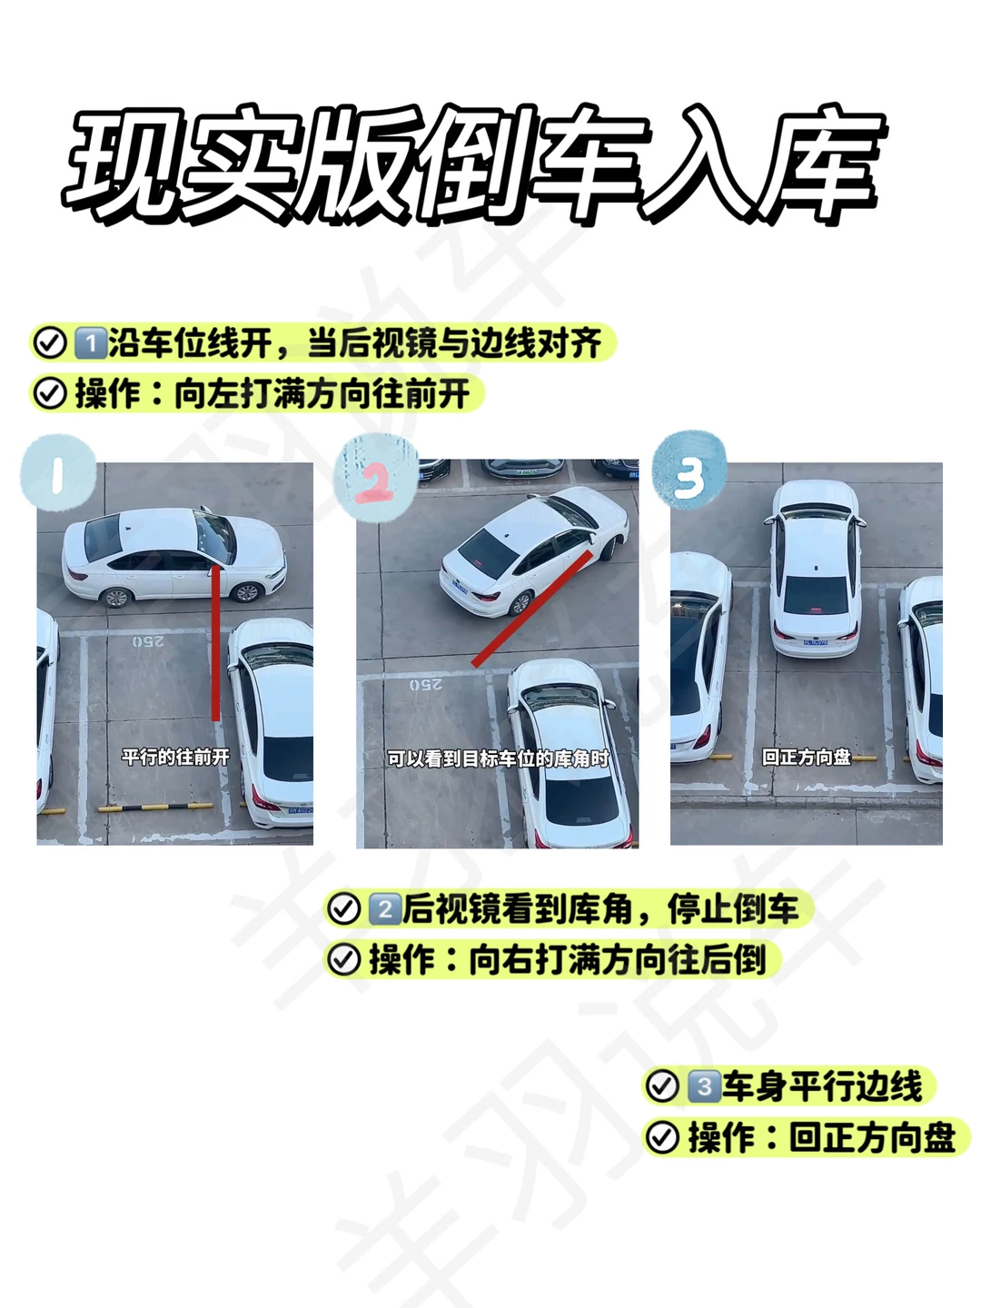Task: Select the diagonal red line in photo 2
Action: (x=532, y=608)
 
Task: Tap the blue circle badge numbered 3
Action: (x=690, y=471)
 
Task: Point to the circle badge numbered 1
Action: (x=58, y=472)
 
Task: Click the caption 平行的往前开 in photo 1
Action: (x=175, y=757)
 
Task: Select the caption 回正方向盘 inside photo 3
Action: (x=807, y=757)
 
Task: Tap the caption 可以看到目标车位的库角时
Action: (x=498, y=758)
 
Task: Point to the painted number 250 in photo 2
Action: (x=426, y=685)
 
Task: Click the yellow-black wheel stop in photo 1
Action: (x=155, y=808)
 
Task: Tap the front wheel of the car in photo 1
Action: (x=246, y=592)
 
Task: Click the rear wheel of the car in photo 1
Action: (x=117, y=597)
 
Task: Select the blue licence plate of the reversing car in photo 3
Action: (x=816, y=642)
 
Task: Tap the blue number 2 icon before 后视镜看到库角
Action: (x=385, y=909)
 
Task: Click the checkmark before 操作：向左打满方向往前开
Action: (x=50, y=393)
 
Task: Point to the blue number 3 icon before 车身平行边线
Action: (x=705, y=1085)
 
